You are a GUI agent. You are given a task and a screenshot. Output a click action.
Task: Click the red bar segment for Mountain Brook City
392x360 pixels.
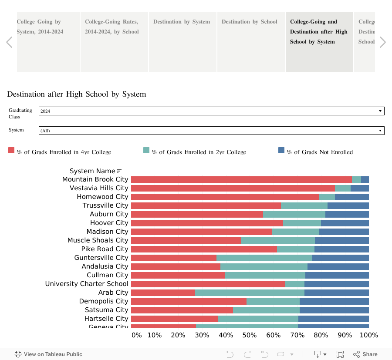click(241, 179)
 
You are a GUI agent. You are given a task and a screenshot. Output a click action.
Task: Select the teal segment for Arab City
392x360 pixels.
click(250, 293)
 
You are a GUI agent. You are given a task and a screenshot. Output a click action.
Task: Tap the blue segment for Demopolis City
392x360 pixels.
click(334, 301)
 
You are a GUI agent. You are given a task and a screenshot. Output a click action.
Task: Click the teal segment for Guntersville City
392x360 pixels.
click(264, 258)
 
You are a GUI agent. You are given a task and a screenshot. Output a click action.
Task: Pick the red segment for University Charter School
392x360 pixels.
click(208, 284)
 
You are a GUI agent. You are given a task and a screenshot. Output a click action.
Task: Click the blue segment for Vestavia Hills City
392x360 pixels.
click(359, 188)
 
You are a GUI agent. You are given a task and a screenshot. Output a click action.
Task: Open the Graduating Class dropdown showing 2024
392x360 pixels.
click(211, 111)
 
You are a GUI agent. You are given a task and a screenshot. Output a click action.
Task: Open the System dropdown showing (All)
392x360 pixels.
click(211, 131)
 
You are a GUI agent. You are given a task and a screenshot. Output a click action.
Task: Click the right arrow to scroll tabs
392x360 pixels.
click(382, 42)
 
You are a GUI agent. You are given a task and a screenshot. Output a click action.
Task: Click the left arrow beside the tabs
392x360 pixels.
click(9, 42)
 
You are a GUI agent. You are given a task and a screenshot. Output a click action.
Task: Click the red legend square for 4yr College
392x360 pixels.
click(11, 151)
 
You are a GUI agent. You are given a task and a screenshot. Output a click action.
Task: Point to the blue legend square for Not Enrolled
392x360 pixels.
click(281, 151)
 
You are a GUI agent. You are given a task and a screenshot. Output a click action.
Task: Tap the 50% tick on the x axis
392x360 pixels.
click(250, 335)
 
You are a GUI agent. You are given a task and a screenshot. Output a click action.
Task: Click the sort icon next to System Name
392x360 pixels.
click(119, 171)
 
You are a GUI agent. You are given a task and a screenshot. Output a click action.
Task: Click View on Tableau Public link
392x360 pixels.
click(48, 354)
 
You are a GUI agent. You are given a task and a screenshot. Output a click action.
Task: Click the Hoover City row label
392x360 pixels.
click(109, 223)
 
